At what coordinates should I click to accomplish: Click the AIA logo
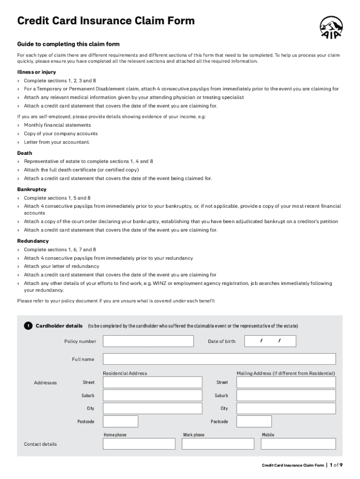[331, 27]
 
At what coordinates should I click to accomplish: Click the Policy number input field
[148, 341]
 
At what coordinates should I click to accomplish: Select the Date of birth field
[270, 341]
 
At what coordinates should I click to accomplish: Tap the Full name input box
[219, 359]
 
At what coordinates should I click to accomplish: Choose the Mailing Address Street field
[286, 383]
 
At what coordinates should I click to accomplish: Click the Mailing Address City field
[286, 408]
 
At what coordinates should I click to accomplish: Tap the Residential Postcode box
[120, 421]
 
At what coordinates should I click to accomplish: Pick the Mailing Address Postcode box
[254, 421]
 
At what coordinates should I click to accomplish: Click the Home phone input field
[139, 444]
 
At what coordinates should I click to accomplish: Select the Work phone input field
[217, 444]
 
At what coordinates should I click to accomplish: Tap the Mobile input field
[298, 444]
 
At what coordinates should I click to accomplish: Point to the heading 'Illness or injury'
[36, 72]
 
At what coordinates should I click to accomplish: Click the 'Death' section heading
[24, 153]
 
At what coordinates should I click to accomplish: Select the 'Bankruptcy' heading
[32, 189]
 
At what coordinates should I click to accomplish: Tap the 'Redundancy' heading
[33, 241]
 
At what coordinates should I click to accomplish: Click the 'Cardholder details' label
[59, 326]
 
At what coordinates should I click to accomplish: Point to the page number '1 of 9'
[336, 465]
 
